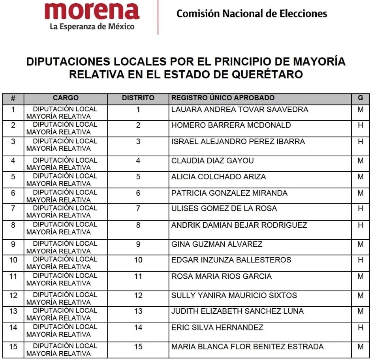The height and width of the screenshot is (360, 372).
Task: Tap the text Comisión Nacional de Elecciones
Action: (252, 14)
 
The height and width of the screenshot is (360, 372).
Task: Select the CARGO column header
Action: (66, 98)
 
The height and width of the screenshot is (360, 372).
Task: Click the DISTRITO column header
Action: (138, 98)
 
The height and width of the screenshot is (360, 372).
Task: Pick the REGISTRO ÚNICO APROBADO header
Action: (223, 98)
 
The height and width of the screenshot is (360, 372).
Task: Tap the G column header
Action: (360, 98)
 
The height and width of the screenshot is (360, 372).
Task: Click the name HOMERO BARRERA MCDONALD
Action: (231, 125)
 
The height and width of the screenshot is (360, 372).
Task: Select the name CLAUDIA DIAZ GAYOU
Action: (212, 161)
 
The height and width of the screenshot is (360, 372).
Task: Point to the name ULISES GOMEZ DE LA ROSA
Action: (224, 208)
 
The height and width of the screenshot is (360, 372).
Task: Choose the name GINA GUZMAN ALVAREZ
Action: (217, 244)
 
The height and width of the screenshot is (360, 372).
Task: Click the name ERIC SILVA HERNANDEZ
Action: (217, 327)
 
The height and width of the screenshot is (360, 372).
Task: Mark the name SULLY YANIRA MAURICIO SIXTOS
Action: (234, 295)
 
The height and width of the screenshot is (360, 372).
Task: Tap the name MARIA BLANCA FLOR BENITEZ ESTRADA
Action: (248, 347)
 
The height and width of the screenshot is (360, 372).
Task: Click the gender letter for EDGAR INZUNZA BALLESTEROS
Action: (360, 260)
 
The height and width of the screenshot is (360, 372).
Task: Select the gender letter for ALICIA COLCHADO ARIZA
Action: (360, 177)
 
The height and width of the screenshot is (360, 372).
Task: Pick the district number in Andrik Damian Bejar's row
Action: (138, 225)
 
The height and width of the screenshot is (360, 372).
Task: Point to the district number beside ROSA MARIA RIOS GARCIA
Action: (138, 276)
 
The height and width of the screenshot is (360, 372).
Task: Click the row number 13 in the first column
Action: (13, 311)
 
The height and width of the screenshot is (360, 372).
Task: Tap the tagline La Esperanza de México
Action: (92, 27)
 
